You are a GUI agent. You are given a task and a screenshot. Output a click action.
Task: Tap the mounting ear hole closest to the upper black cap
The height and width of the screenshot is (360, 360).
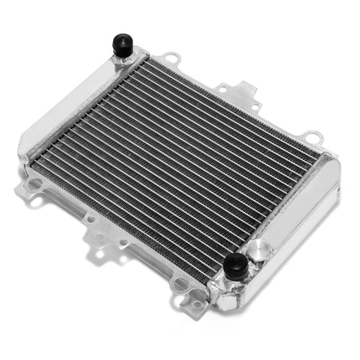(x=172, y=59)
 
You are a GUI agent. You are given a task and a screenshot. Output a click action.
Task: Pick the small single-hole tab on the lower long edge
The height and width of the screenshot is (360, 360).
(x=89, y=219)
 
